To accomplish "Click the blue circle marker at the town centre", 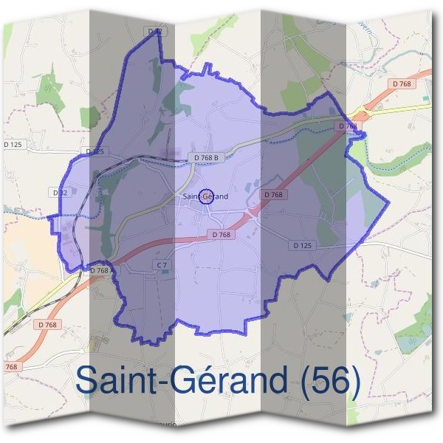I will (207, 196).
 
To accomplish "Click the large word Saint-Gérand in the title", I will (180, 380).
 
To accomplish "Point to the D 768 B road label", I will (206, 157).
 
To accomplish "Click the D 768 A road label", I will (101, 271).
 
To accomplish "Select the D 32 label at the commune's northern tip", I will (154, 32).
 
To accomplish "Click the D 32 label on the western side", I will (61, 192).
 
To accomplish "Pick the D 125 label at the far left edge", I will (13, 143).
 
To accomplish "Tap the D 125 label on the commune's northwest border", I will (95, 151).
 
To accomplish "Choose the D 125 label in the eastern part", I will (302, 244).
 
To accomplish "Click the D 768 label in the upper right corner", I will (402, 84).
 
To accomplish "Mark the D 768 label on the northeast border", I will (348, 126).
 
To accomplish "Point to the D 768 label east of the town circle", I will (273, 194).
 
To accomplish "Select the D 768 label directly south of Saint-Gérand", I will (221, 234).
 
